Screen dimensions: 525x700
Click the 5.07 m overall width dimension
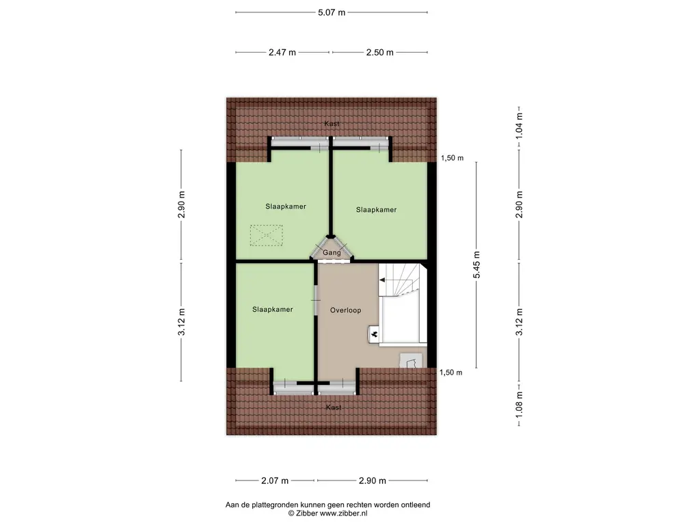[x=331, y=12]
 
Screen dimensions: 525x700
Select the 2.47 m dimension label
[x=282, y=53]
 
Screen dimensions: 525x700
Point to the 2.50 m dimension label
[x=379, y=53]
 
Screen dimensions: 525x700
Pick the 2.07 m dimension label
[x=274, y=480]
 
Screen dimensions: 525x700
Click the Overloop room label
[x=345, y=310]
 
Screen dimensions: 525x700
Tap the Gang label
[x=332, y=253]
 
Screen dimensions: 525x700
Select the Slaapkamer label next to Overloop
[x=272, y=310]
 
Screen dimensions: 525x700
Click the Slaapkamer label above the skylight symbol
[x=286, y=206]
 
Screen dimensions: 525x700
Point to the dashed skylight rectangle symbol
[x=267, y=237]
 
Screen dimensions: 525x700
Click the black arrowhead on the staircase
[x=381, y=280]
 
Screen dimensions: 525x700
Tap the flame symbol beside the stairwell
[x=375, y=334]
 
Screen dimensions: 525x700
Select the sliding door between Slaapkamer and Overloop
[x=315, y=301]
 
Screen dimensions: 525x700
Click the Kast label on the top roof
[x=332, y=124]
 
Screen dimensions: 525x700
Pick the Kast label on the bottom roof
[x=334, y=407]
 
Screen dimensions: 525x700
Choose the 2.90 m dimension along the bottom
[x=373, y=480]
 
